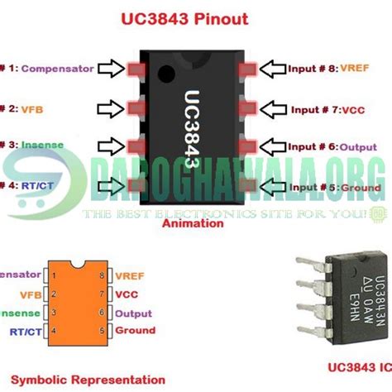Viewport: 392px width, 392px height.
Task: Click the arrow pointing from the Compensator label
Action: tap(108, 69)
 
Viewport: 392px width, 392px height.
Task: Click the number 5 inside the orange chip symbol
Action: tap(101, 330)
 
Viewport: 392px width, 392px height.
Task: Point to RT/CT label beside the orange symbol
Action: tap(26, 330)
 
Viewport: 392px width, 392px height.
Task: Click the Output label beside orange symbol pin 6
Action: tap(133, 313)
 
